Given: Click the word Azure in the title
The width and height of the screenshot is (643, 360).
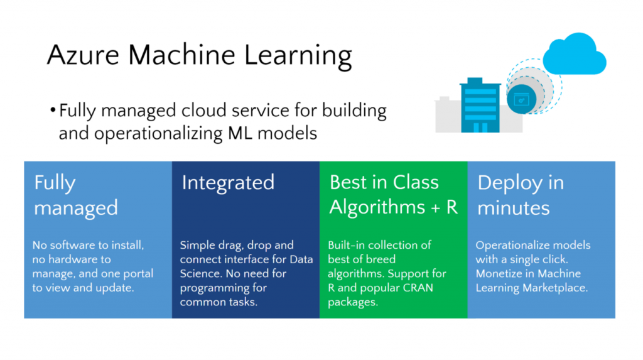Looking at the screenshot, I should pos(82,55).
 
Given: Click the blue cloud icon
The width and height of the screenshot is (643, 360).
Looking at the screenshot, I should pos(574,55).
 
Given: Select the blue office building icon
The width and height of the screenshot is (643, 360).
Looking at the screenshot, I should pos(480,106).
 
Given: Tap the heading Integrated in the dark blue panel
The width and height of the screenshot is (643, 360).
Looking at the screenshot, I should pos(228,183).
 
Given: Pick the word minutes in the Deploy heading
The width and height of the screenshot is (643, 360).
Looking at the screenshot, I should pos(514,207).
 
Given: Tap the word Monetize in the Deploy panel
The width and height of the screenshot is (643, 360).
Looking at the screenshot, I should pos(502,273).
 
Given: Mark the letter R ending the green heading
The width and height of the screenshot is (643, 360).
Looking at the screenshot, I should pos(451,207).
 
